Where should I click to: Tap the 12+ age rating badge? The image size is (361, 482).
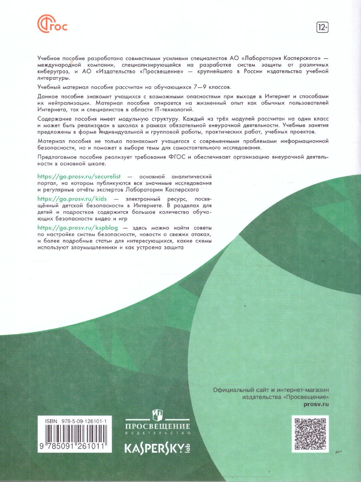(322, 27)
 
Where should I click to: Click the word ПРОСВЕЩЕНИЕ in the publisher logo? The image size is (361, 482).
(158, 426)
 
